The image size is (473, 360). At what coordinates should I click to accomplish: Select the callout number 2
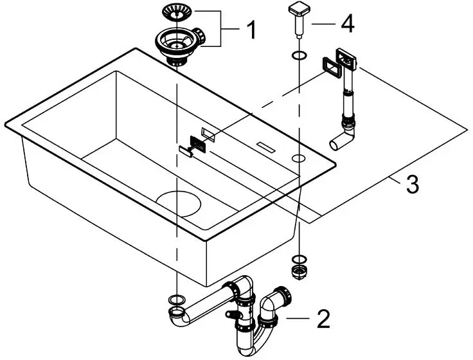click(x=323, y=317)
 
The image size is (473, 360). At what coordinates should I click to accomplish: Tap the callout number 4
click(x=347, y=24)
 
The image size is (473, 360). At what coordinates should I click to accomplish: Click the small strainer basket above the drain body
click(x=175, y=12)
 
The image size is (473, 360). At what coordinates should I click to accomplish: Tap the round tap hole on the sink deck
click(x=299, y=157)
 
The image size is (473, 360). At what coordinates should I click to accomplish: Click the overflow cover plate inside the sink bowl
click(x=197, y=144)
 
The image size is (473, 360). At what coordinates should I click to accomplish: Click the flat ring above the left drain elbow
click(x=174, y=300)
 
